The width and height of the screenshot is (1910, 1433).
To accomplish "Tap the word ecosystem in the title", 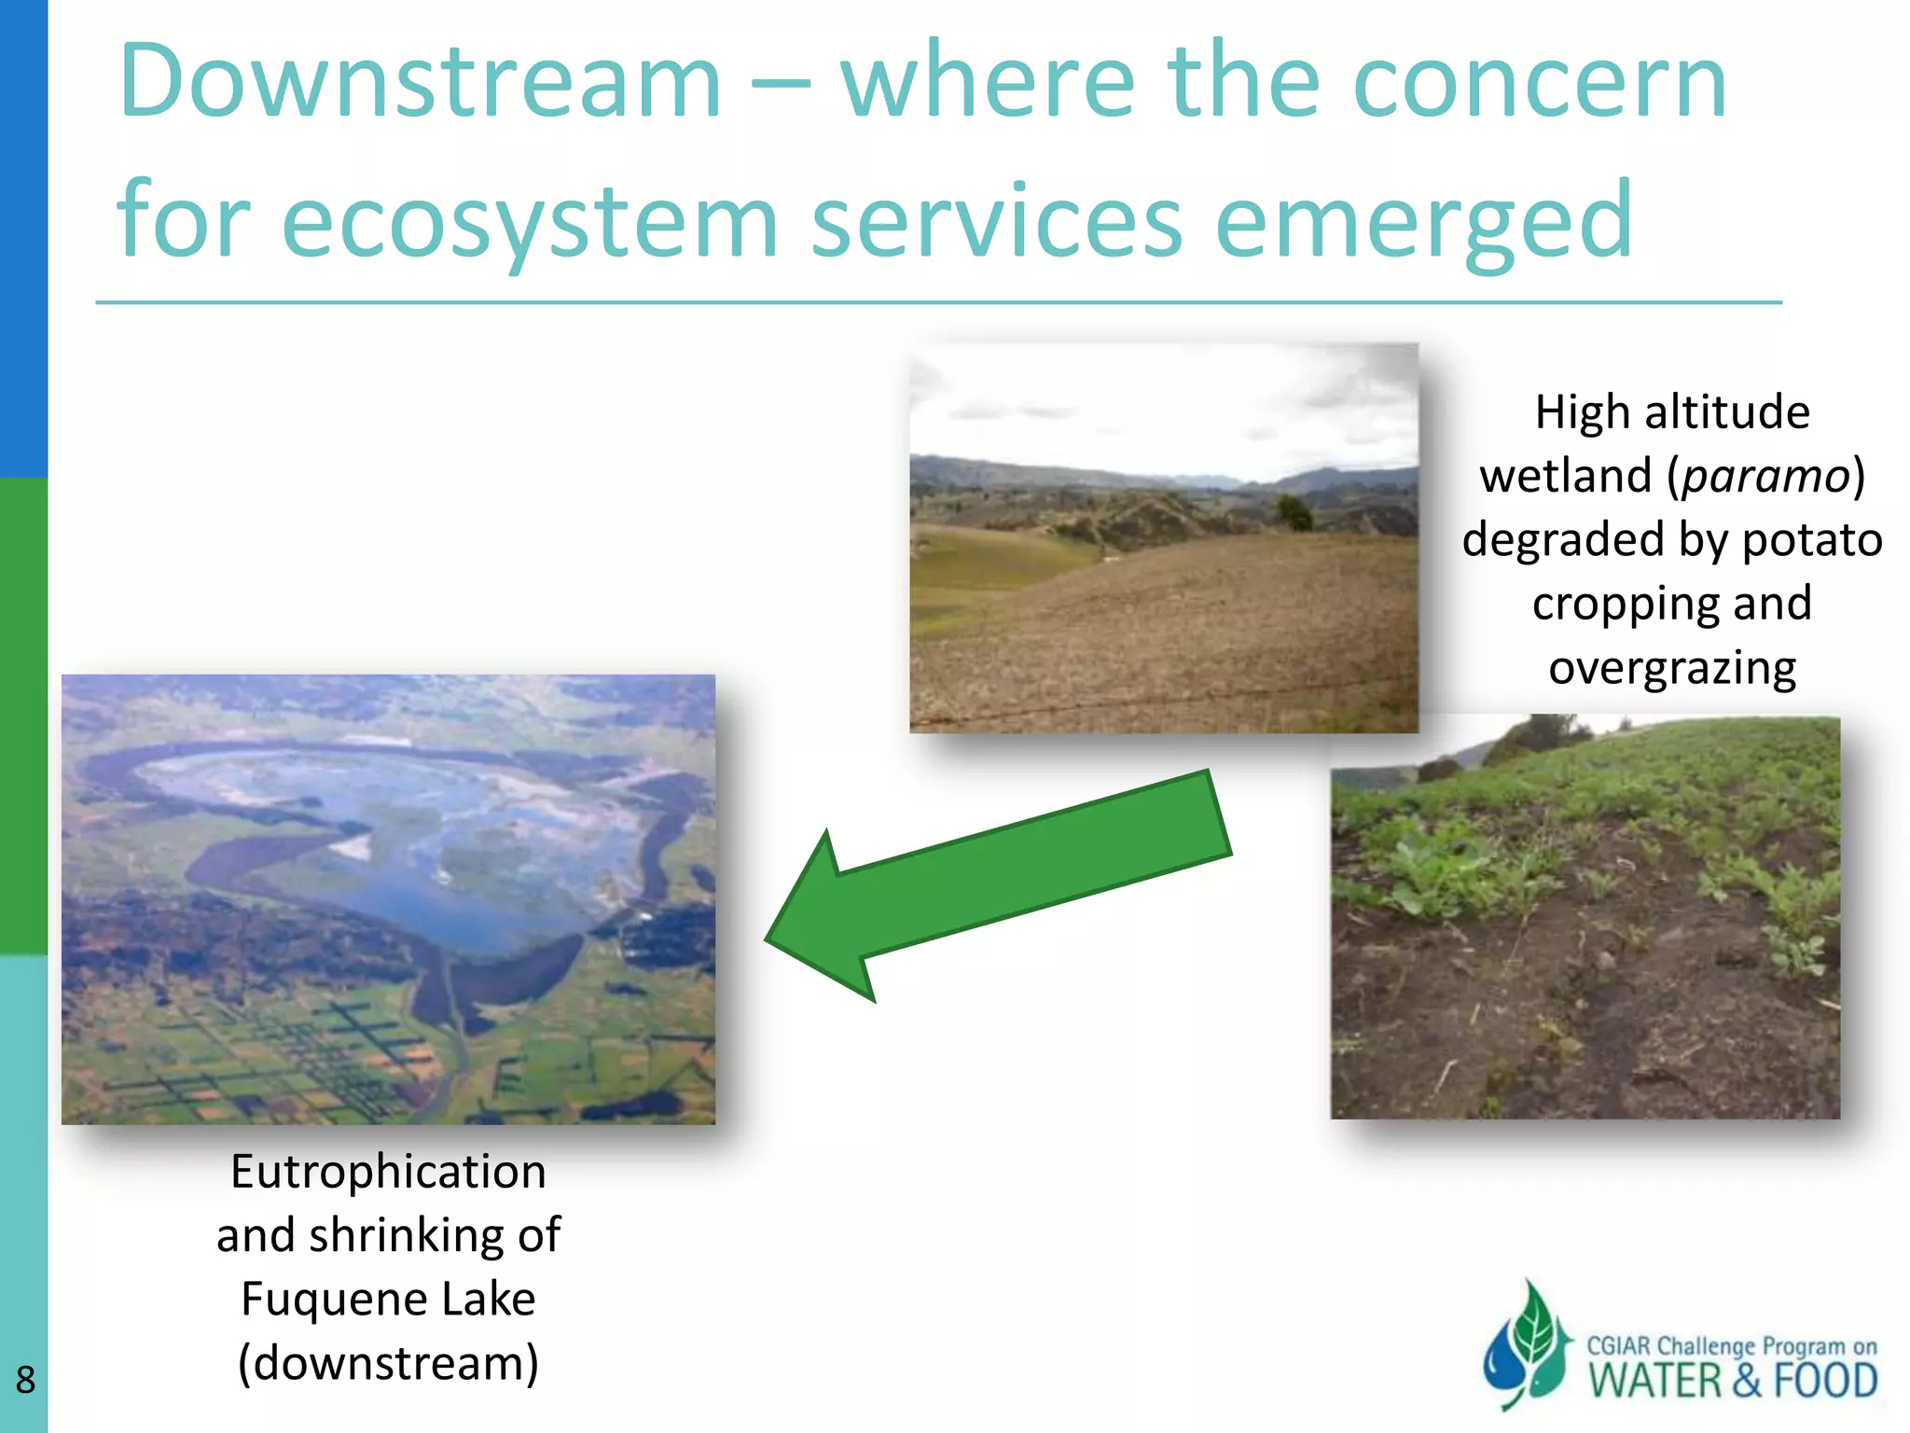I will pos(529,222).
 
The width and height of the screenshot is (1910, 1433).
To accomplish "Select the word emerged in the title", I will pos(1424,222).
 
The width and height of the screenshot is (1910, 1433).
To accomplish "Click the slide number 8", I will pos(25,1380).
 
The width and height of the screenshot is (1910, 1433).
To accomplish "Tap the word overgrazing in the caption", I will pos(1672,668).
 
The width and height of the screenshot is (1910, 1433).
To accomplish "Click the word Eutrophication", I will pos(388,1172).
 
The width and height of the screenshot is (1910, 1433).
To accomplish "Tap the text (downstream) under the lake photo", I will pos(388,1363).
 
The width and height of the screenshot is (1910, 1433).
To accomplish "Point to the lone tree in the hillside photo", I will pos(1294,511).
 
